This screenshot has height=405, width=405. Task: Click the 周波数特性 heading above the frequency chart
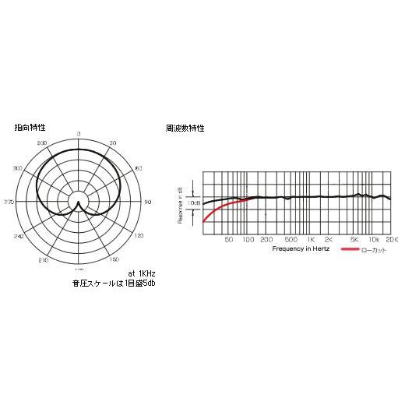pyautogui.click(x=185, y=127)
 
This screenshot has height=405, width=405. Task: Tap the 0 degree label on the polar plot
pyautogui.click(x=79, y=135)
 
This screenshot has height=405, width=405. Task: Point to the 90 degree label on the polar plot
pyautogui.click(x=148, y=202)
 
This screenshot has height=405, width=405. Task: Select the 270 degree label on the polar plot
pyautogui.click(x=9, y=202)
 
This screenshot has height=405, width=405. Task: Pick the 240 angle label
pyautogui.click(x=18, y=235)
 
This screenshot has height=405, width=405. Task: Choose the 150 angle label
pyautogui.click(x=114, y=259)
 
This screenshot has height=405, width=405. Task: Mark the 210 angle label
pyautogui.click(x=44, y=259)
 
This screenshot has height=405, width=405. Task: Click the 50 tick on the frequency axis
pyautogui.click(x=229, y=240)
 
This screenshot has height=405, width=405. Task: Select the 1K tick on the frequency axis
pyautogui.click(x=311, y=240)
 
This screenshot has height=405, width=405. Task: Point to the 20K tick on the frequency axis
pyautogui.click(x=392, y=240)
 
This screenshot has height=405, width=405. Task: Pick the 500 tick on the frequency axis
pyautogui.click(x=290, y=240)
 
